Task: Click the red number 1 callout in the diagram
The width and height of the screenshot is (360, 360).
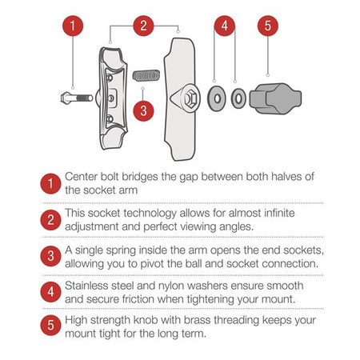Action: (x=73, y=26)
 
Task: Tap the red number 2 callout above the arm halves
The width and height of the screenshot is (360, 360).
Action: (x=143, y=26)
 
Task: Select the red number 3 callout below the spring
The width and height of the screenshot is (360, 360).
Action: (x=143, y=111)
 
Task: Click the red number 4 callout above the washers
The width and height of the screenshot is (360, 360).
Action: (x=225, y=26)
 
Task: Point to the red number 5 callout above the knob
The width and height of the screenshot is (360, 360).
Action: (x=268, y=26)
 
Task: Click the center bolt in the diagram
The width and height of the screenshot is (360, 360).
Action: (x=77, y=98)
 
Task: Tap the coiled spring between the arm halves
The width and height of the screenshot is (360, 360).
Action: (x=146, y=75)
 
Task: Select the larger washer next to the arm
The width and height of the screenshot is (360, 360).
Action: (x=217, y=98)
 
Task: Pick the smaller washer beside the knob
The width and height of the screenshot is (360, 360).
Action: (x=238, y=98)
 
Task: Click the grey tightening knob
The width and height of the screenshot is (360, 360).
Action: (x=275, y=98)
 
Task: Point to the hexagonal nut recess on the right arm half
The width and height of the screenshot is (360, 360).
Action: (x=190, y=98)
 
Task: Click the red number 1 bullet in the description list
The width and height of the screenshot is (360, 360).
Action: (x=50, y=184)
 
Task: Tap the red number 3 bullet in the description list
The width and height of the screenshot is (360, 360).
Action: (x=50, y=256)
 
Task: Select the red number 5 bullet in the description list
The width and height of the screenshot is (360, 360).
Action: (x=50, y=326)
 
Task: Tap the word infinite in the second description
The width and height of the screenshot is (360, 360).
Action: (x=279, y=213)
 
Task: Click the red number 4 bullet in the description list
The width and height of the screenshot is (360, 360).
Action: (x=50, y=292)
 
